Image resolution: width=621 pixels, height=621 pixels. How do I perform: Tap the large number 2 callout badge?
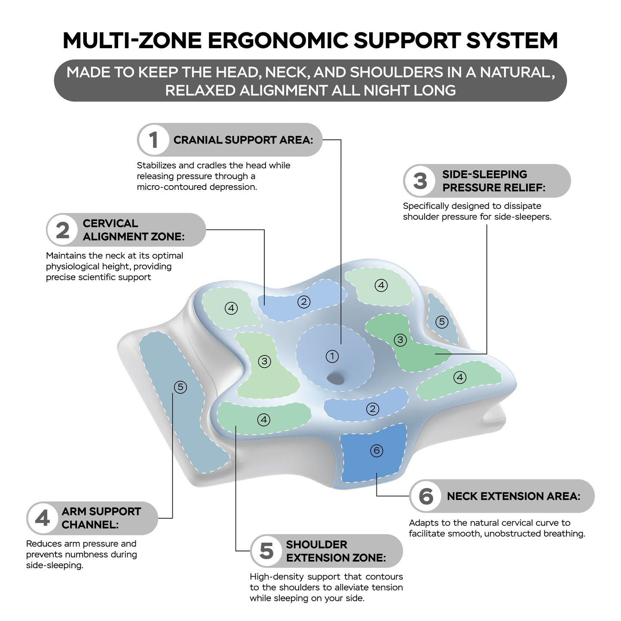coord(63,230)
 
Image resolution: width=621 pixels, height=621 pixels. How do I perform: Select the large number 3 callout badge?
coord(419,181)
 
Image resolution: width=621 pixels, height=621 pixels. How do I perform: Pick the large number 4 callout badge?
coord(43,519)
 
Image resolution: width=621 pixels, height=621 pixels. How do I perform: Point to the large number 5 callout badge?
coord(266,551)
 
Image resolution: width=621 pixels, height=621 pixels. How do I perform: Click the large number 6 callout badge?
coord(426,496)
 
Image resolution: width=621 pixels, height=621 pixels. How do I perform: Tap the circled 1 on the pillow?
coord(332,356)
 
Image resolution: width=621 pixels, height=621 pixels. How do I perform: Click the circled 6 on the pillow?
coord(376,450)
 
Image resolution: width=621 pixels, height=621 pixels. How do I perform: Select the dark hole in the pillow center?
coord(336,378)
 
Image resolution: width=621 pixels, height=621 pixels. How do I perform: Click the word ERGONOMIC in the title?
coord(278,40)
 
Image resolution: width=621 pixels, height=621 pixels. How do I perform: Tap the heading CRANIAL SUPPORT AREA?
coord(243,140)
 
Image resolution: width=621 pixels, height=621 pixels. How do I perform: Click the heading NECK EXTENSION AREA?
coord(514,496)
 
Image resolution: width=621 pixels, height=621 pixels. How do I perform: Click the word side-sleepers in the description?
coord(523,217)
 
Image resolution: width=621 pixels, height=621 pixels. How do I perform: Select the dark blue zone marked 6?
coord(373,453)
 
